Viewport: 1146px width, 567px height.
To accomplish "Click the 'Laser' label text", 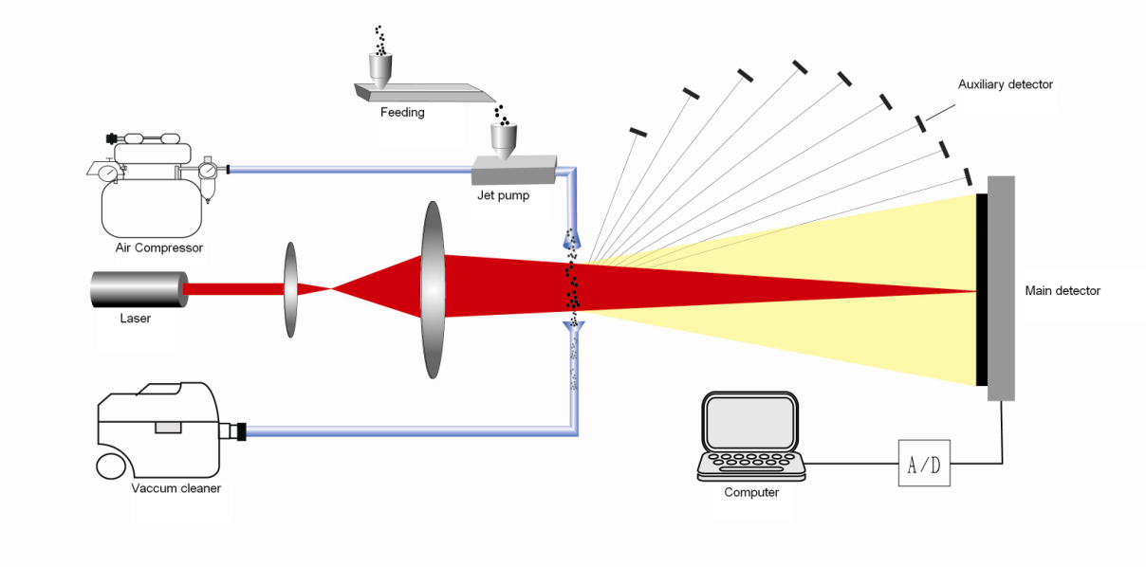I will (x=136, y=319).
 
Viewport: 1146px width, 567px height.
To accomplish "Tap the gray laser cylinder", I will (x=138, y=289).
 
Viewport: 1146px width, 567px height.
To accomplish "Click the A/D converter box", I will (x=924, y=463).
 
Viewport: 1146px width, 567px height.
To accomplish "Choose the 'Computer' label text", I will (x=751, y=492).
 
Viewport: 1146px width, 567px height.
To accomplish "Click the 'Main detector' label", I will (x=1063, y=291).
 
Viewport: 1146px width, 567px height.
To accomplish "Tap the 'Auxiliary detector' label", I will (x=1005, y=84).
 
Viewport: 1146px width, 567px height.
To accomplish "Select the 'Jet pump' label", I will (x=503, y=196).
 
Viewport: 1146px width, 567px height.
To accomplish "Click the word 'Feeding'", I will (x=402, y=112).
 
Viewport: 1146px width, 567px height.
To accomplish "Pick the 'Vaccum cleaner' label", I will (x=176, y=488).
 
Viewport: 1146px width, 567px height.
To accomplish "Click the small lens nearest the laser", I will (x=290, y=289).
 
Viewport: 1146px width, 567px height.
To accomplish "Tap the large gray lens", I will (x=434, y=288).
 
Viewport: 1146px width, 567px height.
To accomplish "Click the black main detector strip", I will (x=982, y=289).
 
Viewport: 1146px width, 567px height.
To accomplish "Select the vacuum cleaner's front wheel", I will (x=111, y=466).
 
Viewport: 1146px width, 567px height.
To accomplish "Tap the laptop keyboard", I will (x=752, y=463).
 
